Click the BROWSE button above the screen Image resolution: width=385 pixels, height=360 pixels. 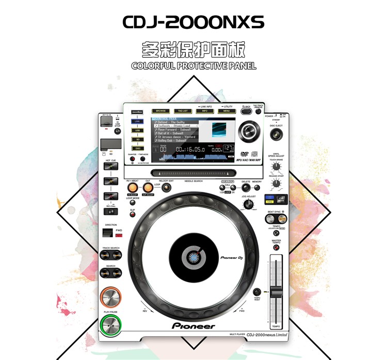(x=161, y=111)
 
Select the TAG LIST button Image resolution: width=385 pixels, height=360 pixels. (x=183, y=111)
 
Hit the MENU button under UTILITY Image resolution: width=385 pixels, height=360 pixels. (x=227, y=111)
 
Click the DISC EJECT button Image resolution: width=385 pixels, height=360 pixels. (x=276, y=135)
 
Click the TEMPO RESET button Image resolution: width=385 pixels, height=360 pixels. (x=256, y=292)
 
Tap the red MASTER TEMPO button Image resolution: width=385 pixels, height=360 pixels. (x=276, y=248)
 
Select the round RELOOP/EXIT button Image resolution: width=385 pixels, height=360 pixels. (x=166, y=188)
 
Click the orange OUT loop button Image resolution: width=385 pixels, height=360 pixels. (x=148, y=188)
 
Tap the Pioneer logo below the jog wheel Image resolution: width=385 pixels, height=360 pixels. (x=193, y=326)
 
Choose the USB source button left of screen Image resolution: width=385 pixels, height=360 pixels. (x=138, y=130)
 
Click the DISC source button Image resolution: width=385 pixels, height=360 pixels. (x=138, y=148)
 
